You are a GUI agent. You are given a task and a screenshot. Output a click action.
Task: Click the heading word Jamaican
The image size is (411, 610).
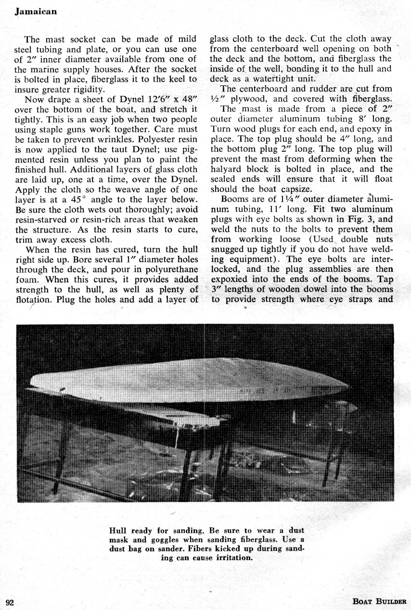36,12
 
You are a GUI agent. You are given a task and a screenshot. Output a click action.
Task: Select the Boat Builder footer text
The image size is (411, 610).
379,601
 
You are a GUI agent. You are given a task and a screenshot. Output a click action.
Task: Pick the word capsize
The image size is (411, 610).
270,189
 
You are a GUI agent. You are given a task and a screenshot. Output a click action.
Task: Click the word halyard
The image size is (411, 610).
228,169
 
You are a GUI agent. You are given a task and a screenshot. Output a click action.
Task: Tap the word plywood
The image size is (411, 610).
250,99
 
